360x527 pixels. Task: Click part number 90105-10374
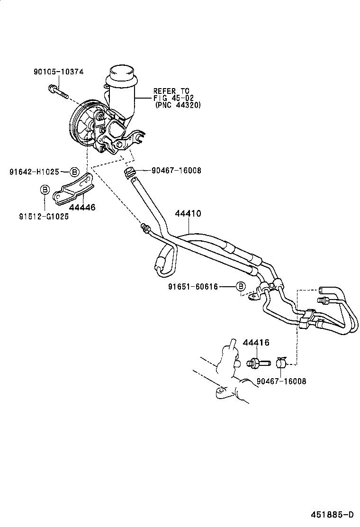click(x=58, y=72)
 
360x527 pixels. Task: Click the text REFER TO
click(x=171, y=91)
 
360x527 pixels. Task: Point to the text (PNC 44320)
click(x=178, y=105)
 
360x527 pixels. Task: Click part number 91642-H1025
click(x=35, y=172)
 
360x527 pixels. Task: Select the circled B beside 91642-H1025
click(x=74, y=172)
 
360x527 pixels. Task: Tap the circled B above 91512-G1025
click(x=44, y=190)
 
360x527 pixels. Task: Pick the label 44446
click(x=82, y=207)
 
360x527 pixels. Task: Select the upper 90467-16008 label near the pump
click(x=176, y=171)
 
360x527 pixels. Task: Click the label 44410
click(x=188, y=214)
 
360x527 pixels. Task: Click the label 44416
click(x=256, y=343)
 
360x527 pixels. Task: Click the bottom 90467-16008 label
click(x=281, y=381)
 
